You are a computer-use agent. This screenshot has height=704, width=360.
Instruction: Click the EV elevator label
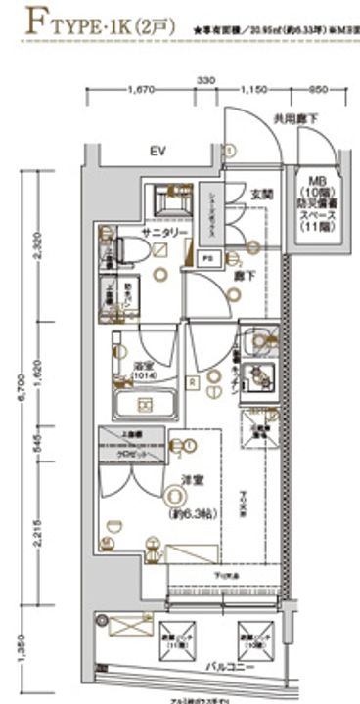(x=157, y=152)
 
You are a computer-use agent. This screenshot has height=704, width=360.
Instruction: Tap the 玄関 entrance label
(x=261, y=195)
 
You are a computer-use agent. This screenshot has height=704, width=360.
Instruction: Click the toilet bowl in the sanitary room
(x=133, y=249)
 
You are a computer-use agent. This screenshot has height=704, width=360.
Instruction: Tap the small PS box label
(x=207, y=258)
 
